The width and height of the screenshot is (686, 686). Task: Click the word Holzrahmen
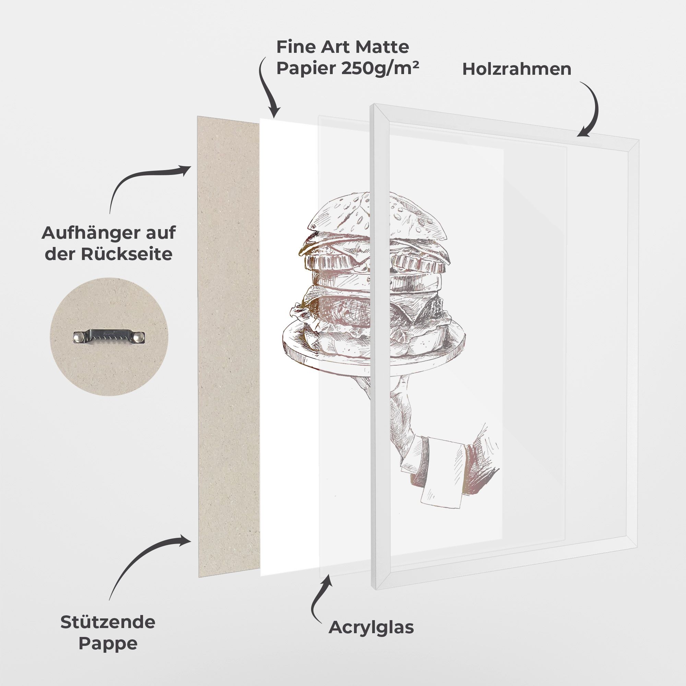[517, 69]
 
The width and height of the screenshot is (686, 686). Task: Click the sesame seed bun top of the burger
[375, 216]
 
